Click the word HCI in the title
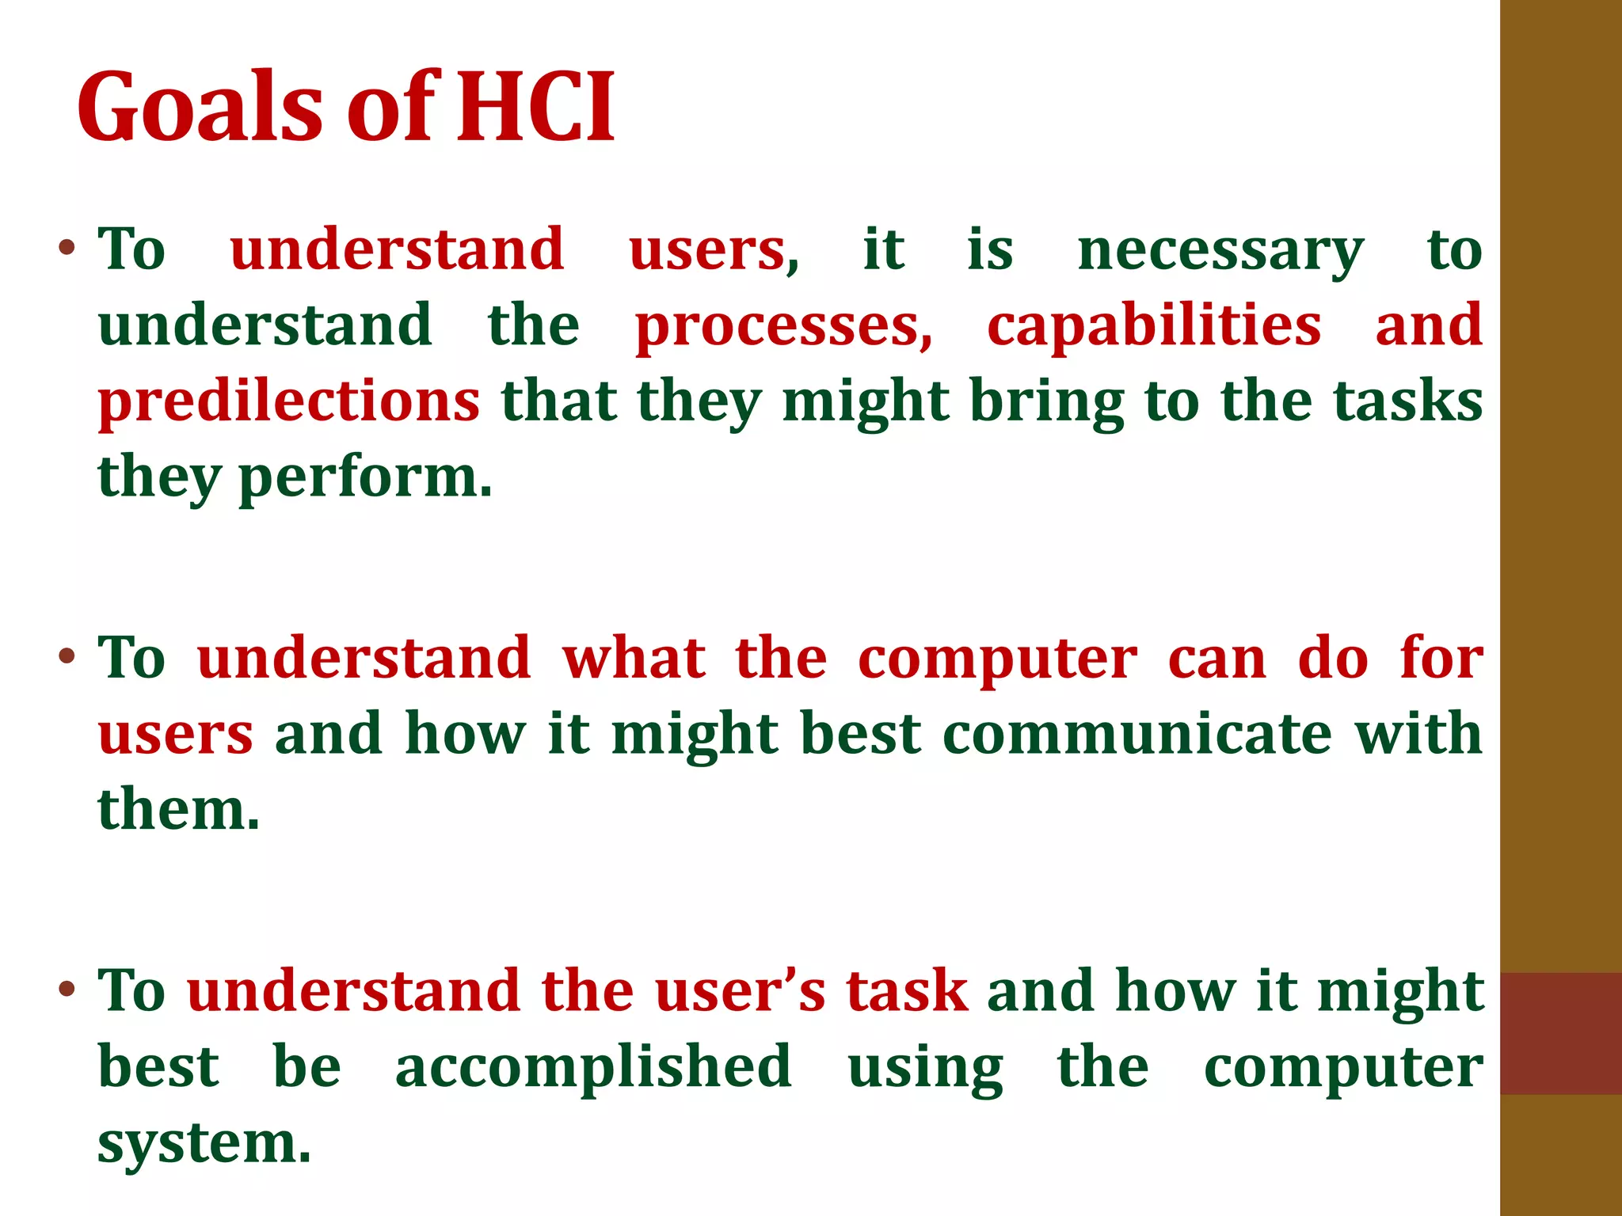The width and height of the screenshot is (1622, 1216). pos(536,107)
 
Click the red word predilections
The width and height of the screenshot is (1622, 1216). pos(289,402)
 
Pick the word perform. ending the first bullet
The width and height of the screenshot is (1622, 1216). pos(365,478)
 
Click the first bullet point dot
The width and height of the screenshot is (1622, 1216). pos(67,248)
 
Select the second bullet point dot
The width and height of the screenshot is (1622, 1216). pos(67,655)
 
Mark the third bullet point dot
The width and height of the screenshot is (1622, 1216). pos(67,989)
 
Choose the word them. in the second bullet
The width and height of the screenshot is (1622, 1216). pos(178,809)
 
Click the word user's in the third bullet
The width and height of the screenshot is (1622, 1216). pos(741,991)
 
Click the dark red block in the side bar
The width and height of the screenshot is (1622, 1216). pos(1560,1033)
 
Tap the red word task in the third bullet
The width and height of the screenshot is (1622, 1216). pos(907,991)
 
